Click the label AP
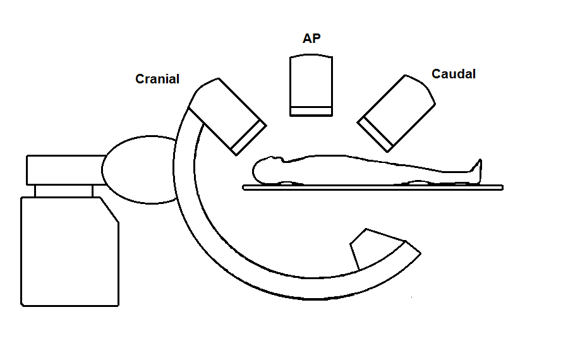pyautogui.click(x=311, y=39)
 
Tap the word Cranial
pyautogui.click(x=157, y=79)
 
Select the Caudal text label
pyautogui.click(x=454, y=74)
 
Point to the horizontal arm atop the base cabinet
pyautogui.click(x=63, y=169)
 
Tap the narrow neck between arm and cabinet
pyautogui.click(x=63, y=191)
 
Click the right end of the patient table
pyautogui.click(x=499, y=188)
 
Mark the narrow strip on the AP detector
pyautogui.click(x=311, y=111)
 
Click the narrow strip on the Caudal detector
pyautogui.click(x=377, y=135)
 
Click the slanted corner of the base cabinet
pyautogui.click(x=109, y=209)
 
